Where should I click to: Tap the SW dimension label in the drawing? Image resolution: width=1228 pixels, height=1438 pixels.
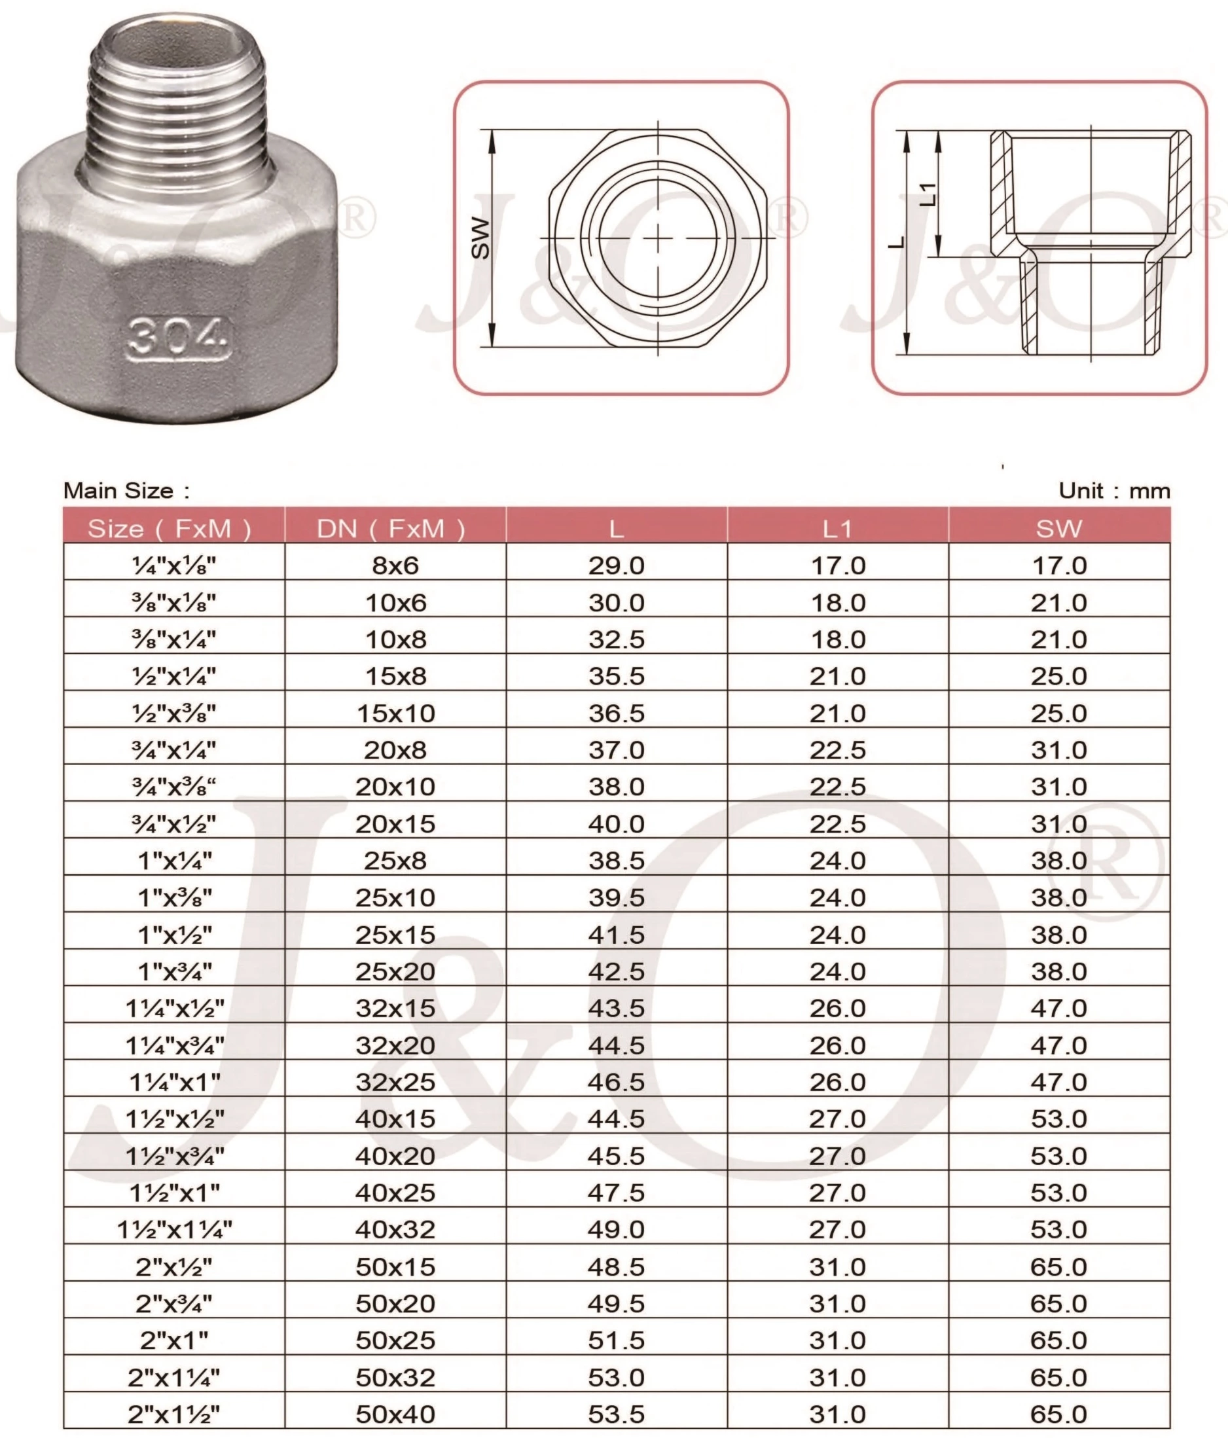tap(480, 238)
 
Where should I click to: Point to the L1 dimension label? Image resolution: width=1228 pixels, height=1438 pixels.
tap(928, 194)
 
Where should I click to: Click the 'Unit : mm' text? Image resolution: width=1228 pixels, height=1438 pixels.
tap(1113, 491)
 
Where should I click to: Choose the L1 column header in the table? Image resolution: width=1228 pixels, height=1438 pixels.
tap(837, 529)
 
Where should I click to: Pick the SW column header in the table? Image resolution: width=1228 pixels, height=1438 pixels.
tap(1058, 529)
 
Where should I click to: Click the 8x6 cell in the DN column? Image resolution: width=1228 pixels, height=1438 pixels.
tap(395, 566)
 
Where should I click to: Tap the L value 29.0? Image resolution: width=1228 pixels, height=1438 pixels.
tap(617, 566)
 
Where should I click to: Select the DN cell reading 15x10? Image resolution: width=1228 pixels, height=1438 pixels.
tap(395, 713)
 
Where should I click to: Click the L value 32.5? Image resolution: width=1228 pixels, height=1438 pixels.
tap(617, 639)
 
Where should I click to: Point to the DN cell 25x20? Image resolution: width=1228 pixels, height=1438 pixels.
tap(395, 971)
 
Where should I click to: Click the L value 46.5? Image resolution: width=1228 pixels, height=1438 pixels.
tap(617, 1082)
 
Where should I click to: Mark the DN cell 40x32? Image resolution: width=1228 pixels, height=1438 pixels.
tap(395, 1230)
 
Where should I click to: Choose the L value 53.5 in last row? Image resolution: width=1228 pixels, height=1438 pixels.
tap(617, 1414)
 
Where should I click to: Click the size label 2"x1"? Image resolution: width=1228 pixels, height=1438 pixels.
tap(174, 1340)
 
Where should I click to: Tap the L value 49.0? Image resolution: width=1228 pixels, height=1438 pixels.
tap(617, 1230)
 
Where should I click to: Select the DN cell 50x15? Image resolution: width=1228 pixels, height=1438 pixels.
tap(395, 1267)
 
